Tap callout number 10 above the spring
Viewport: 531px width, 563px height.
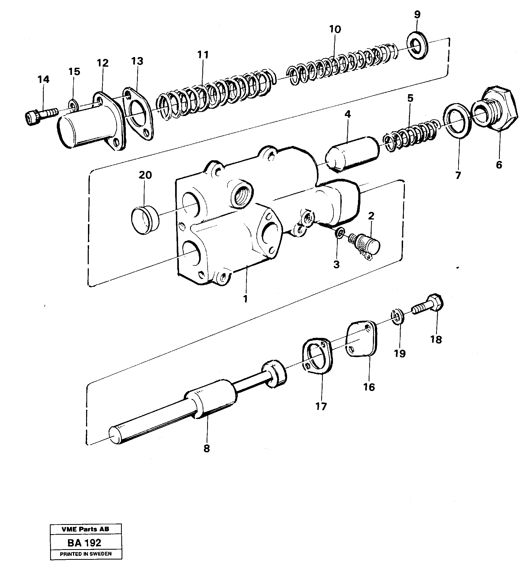click(x=335, y=29)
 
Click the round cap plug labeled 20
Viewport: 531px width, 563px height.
click(x=144, y=220)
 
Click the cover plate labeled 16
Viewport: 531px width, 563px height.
click(x=361, y=339)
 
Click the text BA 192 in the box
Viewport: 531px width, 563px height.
click(x=84, y=543)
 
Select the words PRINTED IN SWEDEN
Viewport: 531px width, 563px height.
click(x=86, y=554)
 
